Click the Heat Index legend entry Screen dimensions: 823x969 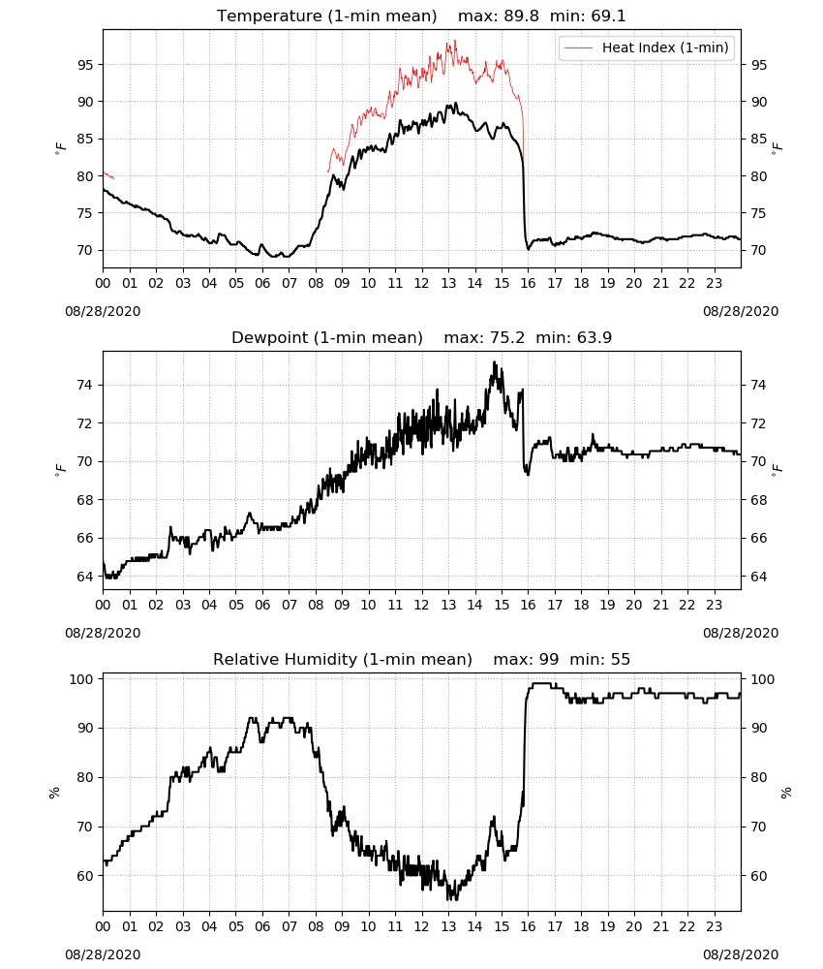coord(647,47)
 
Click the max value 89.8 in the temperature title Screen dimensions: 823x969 coord(521,16)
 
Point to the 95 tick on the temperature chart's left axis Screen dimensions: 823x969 coord(84,65)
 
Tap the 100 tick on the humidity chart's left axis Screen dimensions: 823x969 coord(81,679)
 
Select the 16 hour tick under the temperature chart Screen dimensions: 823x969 coord(529,283)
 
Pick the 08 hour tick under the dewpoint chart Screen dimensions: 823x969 coord(316,605)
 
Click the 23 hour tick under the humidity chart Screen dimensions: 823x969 coord(715,926)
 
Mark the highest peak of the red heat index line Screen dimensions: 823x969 coord(455,41)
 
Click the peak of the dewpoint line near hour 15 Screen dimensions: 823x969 coord(494,362)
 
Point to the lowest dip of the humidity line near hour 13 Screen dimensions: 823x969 coord(449,899)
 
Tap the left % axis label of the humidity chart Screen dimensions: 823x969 coord(54,793)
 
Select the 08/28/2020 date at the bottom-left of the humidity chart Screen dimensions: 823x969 coord(103,954)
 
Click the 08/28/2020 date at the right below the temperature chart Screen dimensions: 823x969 coord(741,311)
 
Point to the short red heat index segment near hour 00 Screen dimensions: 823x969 coord(108,175)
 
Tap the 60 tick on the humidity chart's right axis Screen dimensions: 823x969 coord(758,876)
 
